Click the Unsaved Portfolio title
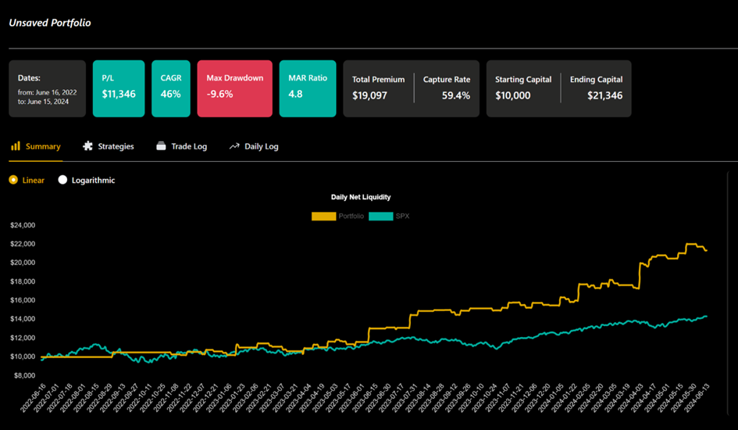pyautogui.click(x=50, y=23)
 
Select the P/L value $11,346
pyautogui.click(x=119, y=95)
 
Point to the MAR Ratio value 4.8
pyautogui.click(x=295, y=95)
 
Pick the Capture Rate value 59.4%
pyautogui.click(x=456, y=96)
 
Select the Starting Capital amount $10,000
pyautogui.click(x=513, y=96)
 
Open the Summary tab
pyautogui.click(x=36, y=146)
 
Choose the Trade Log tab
pyautogui.click(x=182, y=146)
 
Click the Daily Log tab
pyautogui.click(x=255, y=146)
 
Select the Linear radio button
pyautogui.click(x=13, y=180)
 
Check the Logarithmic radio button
pyautogui.click(x=63, y=180)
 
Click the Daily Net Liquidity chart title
pyautogui.click(x=361, y=198)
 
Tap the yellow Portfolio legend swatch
pyautogui.click(x=323, y=216)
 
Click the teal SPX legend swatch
pyautogui.click(x=380, y=216)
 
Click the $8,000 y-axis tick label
pyautogui.click(x=23, y=375)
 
